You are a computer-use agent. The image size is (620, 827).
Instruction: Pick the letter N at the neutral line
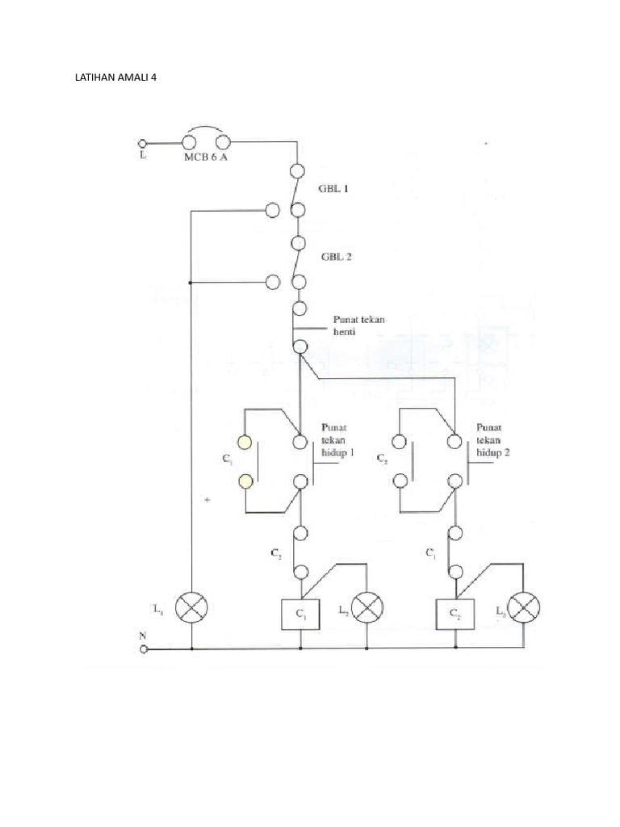coord(143,636)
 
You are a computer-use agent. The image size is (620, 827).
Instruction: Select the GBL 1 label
coord(339,188)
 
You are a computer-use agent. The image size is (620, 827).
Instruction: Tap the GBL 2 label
coord(339,257)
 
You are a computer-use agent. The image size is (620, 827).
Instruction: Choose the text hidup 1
coord(338,454)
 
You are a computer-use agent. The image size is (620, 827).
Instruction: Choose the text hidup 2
coord(493,454)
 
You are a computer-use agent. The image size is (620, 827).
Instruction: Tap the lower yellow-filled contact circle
coord(244,481)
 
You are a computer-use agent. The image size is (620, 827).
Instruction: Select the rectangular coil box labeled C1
coord(300,615)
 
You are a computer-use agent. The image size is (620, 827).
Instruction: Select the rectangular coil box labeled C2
coord(455,615)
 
